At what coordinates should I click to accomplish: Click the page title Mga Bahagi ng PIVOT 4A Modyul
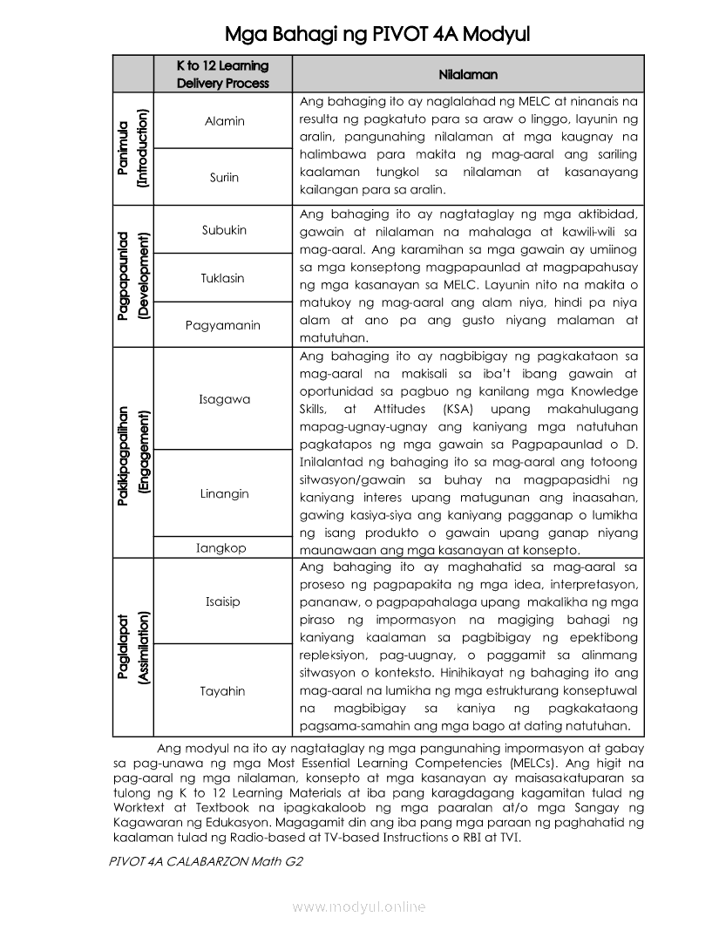pyautogui.click(x=376, y=34)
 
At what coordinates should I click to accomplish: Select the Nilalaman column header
pyautogui.click(x=468, y=75)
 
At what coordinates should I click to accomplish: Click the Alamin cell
pyautogui.click(x=225, y=121)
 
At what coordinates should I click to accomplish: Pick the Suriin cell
pyautogui.click(x=224, y=177)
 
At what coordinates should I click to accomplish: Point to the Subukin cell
pyautogui.click(x=224, y=230)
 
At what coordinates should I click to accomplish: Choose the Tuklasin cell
pyautogui.click(x=223, y=278)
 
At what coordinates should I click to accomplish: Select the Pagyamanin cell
pyautogui.click(x=223, y=325)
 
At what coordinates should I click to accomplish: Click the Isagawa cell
pyautogui.click(x=224, y=399)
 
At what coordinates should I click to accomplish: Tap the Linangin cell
pyautogui.click(x=224, y=493)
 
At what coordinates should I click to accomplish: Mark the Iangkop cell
pyautogui.click(x=221, y=548)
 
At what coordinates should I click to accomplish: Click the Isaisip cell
pyautogui.click(x=223, y=601)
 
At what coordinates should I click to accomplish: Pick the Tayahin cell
pyautogui.click(x=223, y=691)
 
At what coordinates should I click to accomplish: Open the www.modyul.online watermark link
pyautogui.click(x=359, y=907)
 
